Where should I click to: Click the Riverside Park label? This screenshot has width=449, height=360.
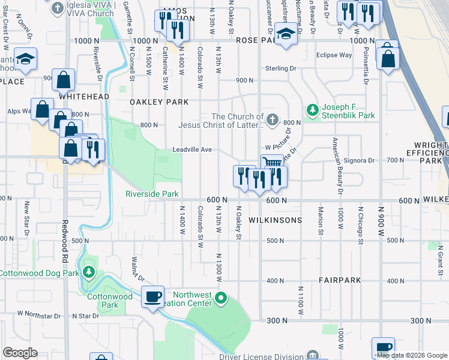coord(152,194)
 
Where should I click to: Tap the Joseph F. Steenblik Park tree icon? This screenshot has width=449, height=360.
coord(312,110)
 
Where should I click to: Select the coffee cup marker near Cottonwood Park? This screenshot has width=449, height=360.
coord(152,296)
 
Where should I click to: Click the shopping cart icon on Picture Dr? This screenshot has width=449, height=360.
coord(273,162)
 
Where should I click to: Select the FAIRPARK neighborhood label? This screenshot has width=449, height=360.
coord(340,280)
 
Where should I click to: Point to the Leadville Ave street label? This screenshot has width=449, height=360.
coord(192,149)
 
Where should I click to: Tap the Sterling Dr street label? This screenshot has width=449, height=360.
coord(285,69)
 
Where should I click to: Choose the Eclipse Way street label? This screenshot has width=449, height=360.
coord(334,55)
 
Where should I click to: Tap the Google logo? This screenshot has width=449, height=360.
coord(20,353)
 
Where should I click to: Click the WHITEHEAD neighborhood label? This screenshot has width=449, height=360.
coord(83,96)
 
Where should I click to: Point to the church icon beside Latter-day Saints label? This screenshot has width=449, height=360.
coord(273,118)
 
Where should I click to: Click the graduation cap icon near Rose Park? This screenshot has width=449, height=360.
coord(286,34)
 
